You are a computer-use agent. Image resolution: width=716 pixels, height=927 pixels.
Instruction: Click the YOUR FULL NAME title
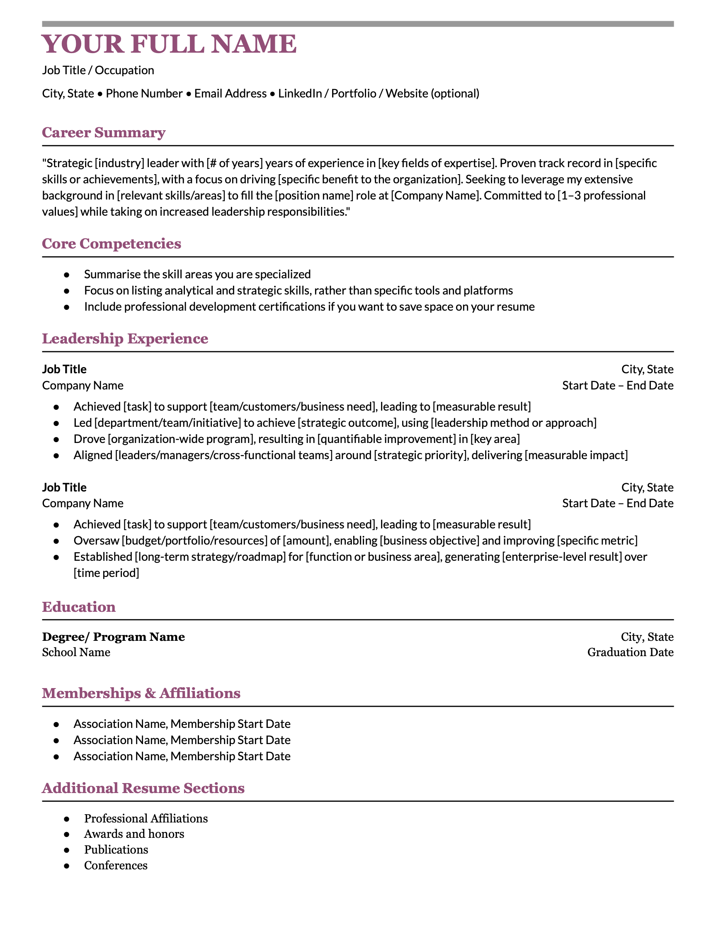169,44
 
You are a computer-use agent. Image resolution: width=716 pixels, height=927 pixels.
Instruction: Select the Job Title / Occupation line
98,70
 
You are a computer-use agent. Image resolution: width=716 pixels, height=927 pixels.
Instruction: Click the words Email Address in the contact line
231,93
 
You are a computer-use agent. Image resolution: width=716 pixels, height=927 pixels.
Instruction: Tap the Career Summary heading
104,132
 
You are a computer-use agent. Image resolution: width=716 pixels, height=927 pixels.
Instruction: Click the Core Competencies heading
112,243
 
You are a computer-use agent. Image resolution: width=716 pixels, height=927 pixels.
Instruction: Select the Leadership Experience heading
125,339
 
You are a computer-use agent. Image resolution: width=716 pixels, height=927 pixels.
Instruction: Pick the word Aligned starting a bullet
93,455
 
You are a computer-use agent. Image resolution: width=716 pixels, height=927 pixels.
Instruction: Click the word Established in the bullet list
103,557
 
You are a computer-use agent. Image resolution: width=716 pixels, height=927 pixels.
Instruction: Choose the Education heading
79,607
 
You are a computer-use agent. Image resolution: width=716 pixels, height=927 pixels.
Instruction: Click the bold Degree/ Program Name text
113,637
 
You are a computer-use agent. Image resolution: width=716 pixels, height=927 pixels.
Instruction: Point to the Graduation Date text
630,652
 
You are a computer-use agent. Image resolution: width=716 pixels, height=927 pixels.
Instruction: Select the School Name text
76,652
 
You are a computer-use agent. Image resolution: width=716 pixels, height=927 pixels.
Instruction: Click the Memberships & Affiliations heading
141,693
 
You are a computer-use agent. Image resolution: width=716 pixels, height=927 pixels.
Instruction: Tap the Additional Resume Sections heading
143,788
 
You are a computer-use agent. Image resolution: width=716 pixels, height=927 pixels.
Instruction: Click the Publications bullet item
116,849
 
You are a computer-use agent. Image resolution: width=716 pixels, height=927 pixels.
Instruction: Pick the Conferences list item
116,865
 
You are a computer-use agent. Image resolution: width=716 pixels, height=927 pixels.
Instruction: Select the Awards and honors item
134,834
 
